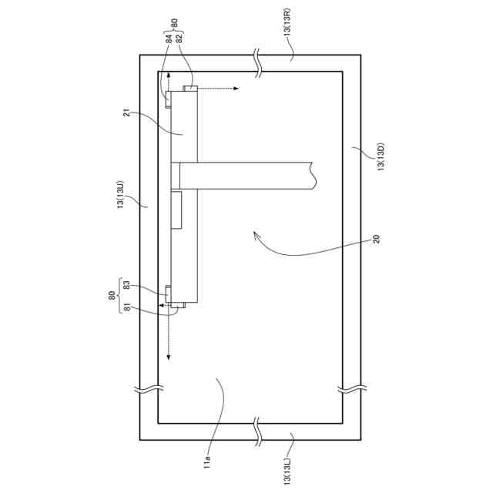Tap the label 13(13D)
pyautogui.click(x=381, y=157)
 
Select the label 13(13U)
pyautogui.click(x=121, y=195)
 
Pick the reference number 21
pyautogui.click(x=126, y=113)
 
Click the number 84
pyautogui.click(x=169, y=39)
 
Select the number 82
pyautogui.click(x=179, y=39)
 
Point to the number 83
pyautogui.click(x=126, y=286)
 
